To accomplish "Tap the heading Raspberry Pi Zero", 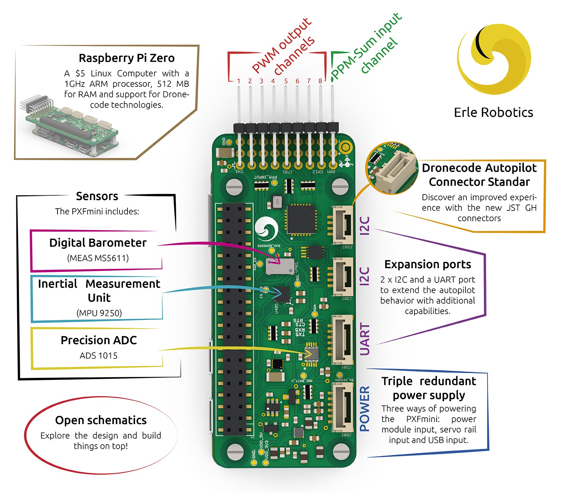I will pos(126,58).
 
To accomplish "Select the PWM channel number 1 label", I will pos(239,81).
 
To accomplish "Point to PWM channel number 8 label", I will pos(320,81).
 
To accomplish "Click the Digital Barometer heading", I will pos(98,243).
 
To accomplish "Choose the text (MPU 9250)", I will pos(99,313).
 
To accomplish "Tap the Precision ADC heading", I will pos(99,340).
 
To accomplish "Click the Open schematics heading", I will pos(101,420).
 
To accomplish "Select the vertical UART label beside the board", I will pos(365,340).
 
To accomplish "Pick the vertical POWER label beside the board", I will pos(365,408).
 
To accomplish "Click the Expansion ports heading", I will pos(427,264).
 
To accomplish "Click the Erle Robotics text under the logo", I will pos(493,112).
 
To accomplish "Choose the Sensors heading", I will pos(97,196).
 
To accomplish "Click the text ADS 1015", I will pos(99,356).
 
